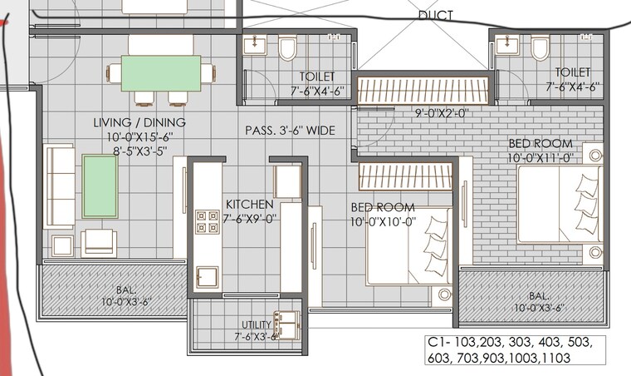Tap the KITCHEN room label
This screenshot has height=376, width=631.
point(249,204)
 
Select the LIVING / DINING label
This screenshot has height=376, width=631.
point(139,123)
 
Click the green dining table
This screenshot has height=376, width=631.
point(161,73)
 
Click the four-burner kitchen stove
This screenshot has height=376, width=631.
point(207,220)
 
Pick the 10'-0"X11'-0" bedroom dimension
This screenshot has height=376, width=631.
point(541,157)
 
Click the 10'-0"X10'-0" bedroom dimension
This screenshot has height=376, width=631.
point(383,220)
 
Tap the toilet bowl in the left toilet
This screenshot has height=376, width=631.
point(287,49)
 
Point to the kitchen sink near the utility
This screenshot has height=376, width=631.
point(206,277)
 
